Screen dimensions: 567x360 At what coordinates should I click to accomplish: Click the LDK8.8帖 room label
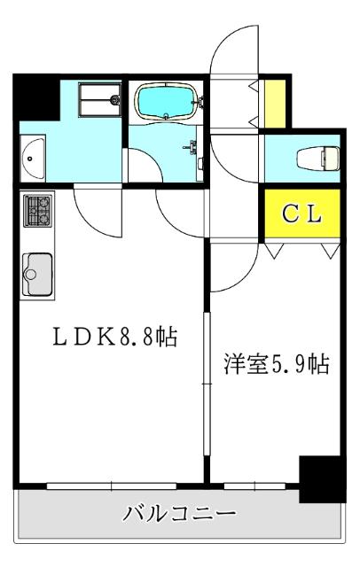[x=113, y=337]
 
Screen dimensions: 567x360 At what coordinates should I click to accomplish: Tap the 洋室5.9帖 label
[x=277, y=364]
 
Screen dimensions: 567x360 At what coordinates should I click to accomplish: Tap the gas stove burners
[x=37, y=210]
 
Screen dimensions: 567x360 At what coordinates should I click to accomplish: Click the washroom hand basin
[x=33, y=158]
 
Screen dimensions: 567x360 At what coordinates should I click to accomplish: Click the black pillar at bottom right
[x=321, y=479]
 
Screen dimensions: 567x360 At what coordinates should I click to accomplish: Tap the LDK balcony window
[x=112, y=484]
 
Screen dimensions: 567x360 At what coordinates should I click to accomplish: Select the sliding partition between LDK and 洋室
[x=206, y=381]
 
